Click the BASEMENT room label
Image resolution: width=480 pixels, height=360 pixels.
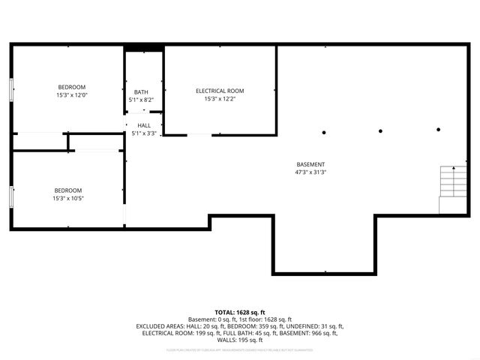[310, 164]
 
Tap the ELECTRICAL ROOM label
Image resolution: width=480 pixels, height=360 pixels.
[220, 91]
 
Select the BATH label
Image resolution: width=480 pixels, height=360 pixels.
[141, 92]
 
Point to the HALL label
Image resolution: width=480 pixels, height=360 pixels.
[143, 126]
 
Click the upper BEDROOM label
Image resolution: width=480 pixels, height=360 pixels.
[72, 87]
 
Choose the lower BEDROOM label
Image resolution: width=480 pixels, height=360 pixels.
[67, 190]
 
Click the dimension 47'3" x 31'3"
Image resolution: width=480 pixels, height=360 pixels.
[310, 172]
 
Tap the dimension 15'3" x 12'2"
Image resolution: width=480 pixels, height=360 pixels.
[220, 98]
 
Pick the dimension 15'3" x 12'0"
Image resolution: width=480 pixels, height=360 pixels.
[72, 95]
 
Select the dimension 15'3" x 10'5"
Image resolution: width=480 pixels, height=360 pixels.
[67, 199]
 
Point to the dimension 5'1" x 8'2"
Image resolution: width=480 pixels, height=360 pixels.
[141, 100]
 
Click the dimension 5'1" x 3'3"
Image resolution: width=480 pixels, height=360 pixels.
[143, 133]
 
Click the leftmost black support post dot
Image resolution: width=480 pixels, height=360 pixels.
[323, 132]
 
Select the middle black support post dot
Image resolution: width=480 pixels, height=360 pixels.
[380, 131]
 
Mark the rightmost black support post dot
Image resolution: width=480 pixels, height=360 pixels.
[439, 130]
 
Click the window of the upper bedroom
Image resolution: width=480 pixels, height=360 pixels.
[10, 89]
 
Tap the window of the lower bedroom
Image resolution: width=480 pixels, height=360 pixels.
[10, 198]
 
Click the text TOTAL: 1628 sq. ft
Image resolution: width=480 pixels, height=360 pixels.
[240, 311]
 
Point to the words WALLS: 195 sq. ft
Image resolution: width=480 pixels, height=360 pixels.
[240, 339]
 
